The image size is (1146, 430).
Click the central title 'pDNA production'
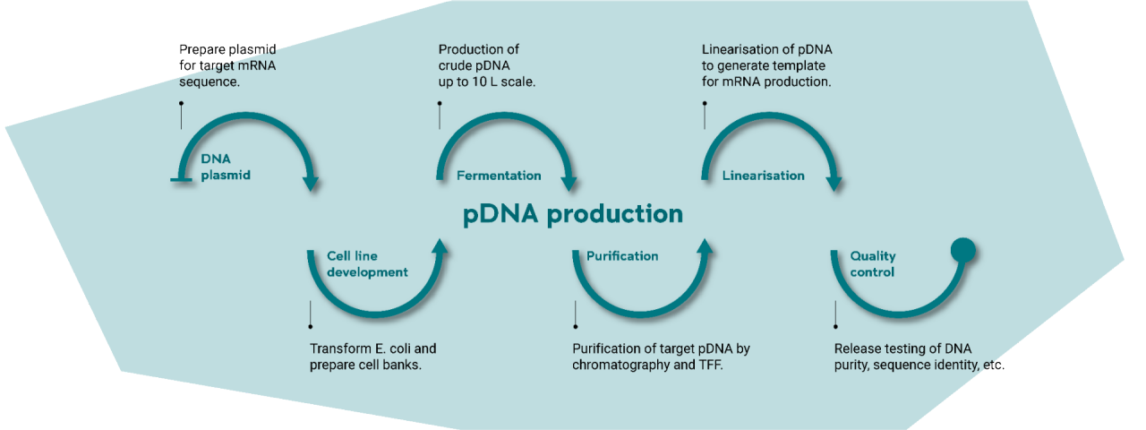(573, 215)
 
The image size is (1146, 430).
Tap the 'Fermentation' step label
(499, 176)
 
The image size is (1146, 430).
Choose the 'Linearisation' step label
(763, 176)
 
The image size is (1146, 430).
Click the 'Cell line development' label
(366, 264)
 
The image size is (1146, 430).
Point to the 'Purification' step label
(622, 256)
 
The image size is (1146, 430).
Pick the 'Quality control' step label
(873, 264)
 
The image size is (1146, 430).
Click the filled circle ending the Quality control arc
(962, 250)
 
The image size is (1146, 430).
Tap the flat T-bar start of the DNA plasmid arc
(182, 181)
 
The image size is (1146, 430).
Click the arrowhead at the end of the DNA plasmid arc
(311, 184)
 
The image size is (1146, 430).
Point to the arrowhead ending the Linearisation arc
(834, 184)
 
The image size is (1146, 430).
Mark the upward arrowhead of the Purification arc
(705, 246)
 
